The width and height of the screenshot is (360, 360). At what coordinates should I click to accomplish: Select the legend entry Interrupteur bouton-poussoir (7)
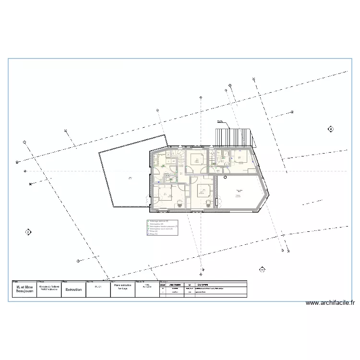point(163,226)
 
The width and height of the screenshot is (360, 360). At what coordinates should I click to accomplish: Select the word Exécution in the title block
point(74,290)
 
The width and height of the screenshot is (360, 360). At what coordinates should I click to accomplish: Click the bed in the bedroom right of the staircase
point(197,159)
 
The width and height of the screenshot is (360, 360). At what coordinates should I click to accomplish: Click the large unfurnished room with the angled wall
point(238,192)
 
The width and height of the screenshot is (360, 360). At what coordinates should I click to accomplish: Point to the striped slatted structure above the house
point(233,137)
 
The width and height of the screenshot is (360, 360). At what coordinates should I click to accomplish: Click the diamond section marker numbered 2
point(28,233)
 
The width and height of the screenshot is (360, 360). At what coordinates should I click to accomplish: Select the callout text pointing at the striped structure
point(220,121)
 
